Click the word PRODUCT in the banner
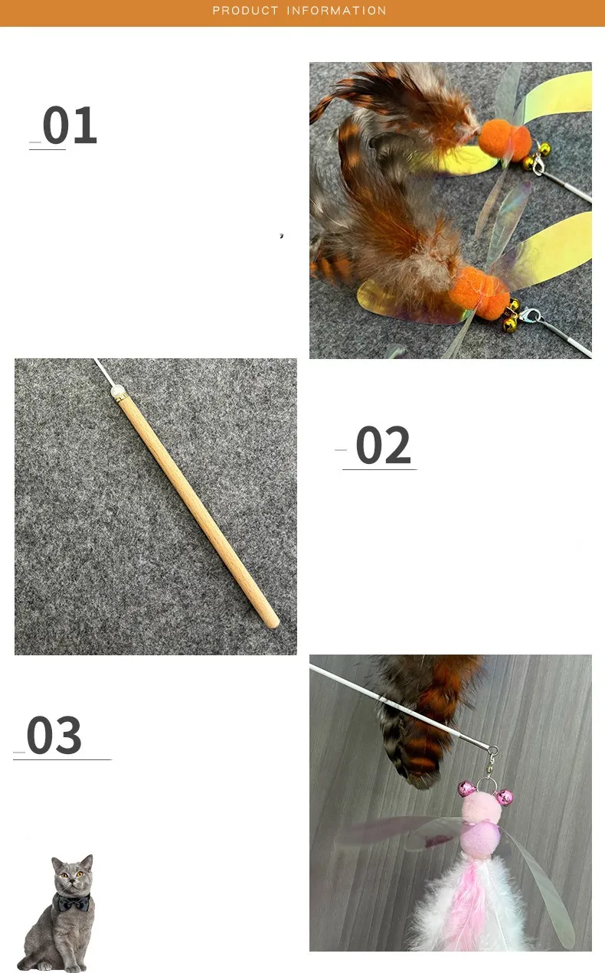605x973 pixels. [x=245, y=11]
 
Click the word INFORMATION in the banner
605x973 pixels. [x=336, y=11]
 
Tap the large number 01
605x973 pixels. [x=70, y=125]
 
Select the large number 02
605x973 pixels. [x=383, y=445]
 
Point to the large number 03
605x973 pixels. [x=54, y=735]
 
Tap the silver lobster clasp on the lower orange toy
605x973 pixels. [x=531, y=315]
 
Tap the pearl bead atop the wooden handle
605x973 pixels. [x=116, y=392]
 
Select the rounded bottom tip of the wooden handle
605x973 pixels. [x=273, y=623]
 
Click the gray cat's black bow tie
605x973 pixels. [x=74, y=903]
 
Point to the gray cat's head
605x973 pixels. [x=72, y=874]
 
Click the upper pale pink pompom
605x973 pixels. [x=481, y=806]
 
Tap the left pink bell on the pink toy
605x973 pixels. [x=467, y=788]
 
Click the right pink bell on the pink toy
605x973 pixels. [x=505, y=797]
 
